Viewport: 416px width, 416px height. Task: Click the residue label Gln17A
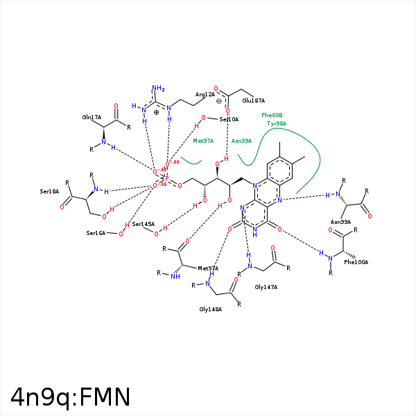pos(92,118)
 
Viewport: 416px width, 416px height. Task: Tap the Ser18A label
pos(49,191)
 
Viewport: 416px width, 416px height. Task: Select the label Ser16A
pos(96,234)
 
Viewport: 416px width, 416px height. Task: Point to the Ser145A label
pos(143,224)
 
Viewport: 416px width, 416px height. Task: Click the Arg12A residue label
pos(205,94)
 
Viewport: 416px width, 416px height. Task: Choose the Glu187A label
pos(254,101)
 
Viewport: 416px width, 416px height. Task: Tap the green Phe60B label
pos(272,115)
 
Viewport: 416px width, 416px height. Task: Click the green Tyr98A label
pos(277,123)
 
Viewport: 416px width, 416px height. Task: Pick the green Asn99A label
pos(241,141)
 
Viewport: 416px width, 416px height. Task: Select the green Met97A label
pos(203,141)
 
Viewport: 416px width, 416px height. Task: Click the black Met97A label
pos(208,268)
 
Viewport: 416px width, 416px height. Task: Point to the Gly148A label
pos(210,309)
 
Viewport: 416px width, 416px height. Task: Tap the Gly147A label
pos(266,286)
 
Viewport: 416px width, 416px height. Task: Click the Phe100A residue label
pos(356,262)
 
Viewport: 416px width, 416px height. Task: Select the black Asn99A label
pos(340,222)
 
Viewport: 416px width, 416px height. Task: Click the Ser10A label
pos(229,120)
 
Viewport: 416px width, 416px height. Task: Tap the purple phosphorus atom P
pos(166,178)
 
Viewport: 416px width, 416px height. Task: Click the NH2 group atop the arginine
pos(158,89)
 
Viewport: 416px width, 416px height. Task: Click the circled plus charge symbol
pos(157,112)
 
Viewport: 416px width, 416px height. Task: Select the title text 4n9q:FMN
pos(71,397)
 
